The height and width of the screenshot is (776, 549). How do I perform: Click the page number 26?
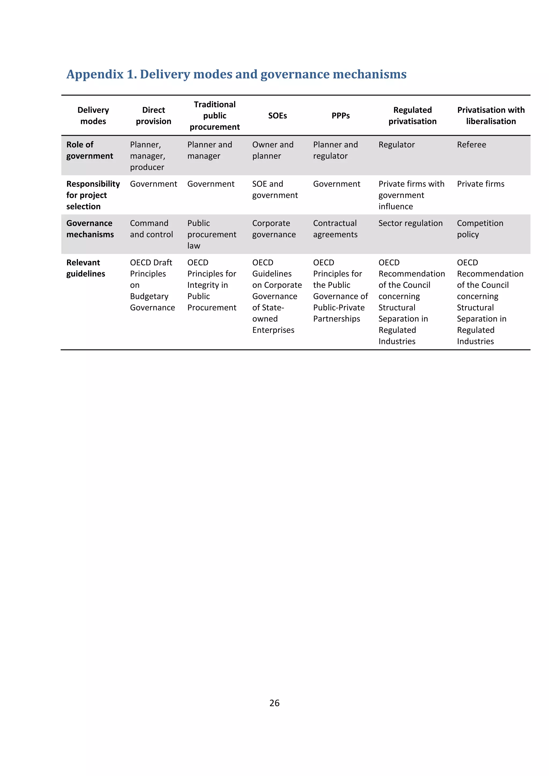[x=274, y=703]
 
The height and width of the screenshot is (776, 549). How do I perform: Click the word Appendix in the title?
[x=95, y=74]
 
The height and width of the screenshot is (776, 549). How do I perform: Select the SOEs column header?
[x=277, y=115]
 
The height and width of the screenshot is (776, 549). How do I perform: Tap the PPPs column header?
[x=340, y=115]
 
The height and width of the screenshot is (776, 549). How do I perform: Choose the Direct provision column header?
[x=154, y=115]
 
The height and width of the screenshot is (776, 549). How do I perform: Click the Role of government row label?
[x=90, y=150]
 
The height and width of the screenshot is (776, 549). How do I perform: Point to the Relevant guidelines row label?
[x=86, y=268]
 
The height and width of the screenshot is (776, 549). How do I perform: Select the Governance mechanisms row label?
[x=90, y=229]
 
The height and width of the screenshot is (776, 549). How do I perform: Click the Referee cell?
[x=471, y=145]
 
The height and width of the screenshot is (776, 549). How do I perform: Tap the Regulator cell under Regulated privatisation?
[x=396, y=145]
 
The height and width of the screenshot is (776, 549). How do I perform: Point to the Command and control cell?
[x=151, y=229]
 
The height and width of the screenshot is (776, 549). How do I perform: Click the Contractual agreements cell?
[x=335, y=229]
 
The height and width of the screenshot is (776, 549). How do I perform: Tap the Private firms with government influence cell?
[x=411, y=195]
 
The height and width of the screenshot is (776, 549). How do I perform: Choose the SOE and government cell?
[x=274, y=190]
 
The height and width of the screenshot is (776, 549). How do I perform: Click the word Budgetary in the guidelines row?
[x=149, y=296]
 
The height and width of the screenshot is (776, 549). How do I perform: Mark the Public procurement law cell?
[x=212, y=234]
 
